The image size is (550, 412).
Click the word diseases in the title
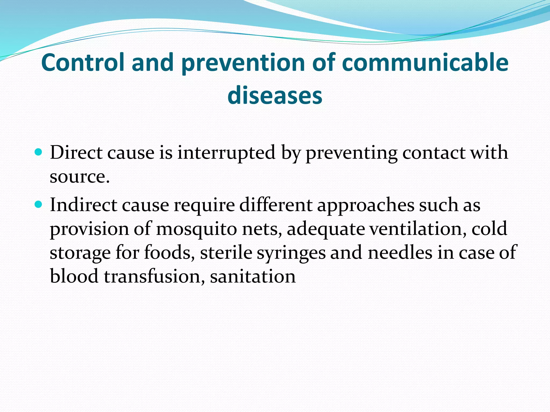275,95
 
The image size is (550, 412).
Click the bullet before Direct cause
39,152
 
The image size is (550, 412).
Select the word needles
400,253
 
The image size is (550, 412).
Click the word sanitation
253,276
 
